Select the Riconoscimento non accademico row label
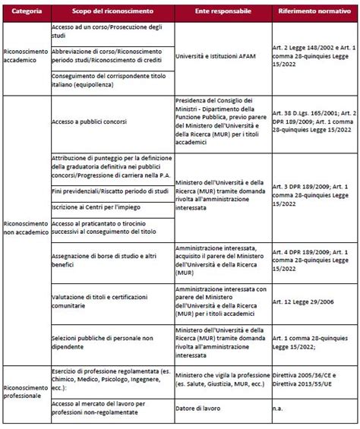click(x=26, y=229)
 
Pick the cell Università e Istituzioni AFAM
click(x=220, y=55)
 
